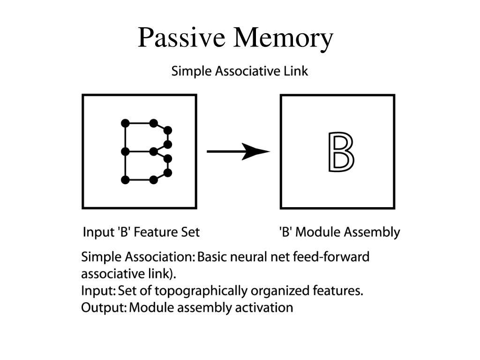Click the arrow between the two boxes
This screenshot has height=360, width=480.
coord(238,151)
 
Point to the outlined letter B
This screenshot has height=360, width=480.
coord(341,152)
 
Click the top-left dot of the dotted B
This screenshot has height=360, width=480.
coord(125,123)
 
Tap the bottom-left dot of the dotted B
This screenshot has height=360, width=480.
coord(125,180)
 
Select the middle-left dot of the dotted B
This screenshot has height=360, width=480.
coord(125,151)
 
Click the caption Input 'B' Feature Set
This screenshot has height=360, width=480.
coord(141,232)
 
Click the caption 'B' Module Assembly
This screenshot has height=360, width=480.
coord(339,232)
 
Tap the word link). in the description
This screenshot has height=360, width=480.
coord(170,274)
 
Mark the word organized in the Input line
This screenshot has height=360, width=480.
coord(280,291)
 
